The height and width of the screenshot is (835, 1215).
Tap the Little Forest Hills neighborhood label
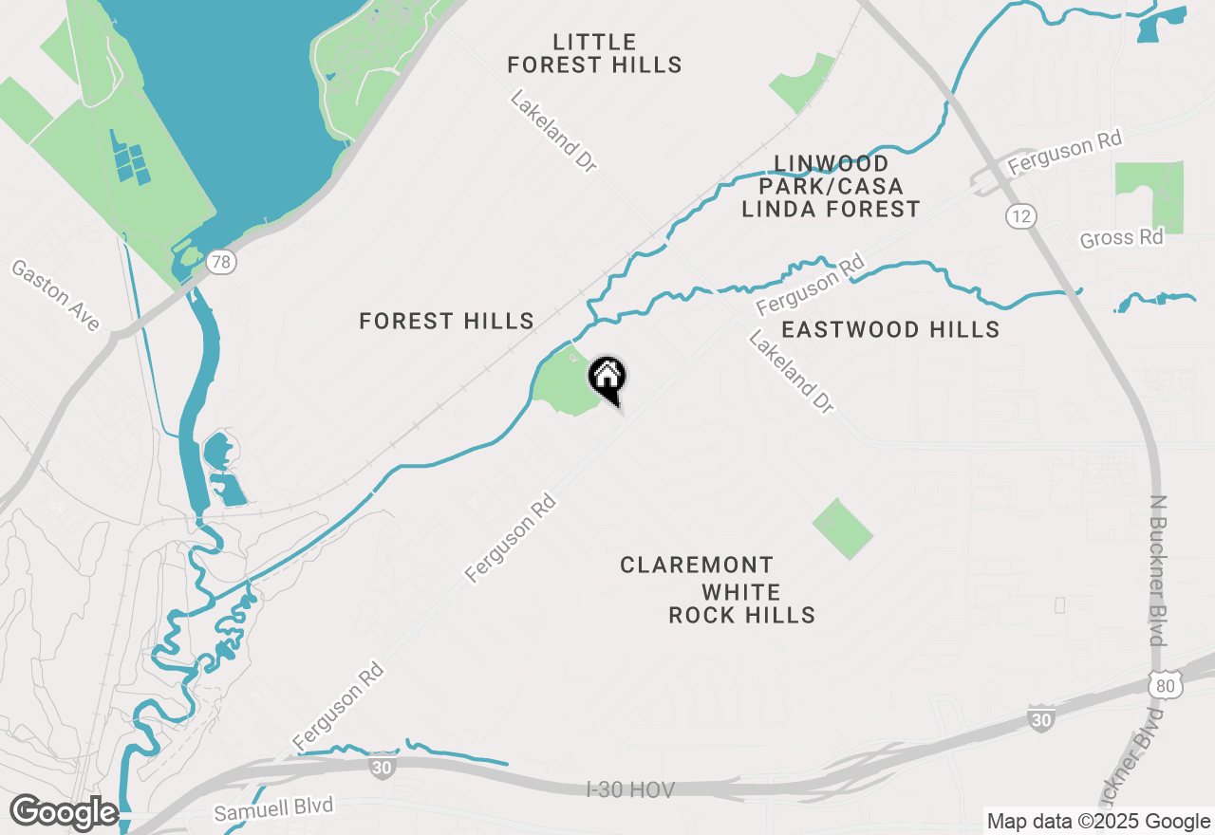594,53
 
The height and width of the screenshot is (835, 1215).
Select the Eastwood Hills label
889,329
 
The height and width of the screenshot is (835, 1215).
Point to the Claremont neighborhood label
697,566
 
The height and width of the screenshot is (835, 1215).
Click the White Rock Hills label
741,604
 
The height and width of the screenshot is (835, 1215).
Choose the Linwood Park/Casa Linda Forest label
831,186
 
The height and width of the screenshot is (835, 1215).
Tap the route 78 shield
220,262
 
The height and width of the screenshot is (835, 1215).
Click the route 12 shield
1020,217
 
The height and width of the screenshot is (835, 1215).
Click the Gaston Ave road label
56,296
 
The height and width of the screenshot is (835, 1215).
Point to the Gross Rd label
1121,237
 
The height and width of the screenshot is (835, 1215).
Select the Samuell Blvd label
273,809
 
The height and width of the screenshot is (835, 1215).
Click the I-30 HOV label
630,789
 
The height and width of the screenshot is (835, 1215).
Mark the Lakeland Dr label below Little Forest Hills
553,131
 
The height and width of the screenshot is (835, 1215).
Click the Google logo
64,812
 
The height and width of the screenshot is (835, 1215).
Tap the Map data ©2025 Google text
1097,822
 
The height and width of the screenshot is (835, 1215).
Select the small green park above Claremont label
842,528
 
